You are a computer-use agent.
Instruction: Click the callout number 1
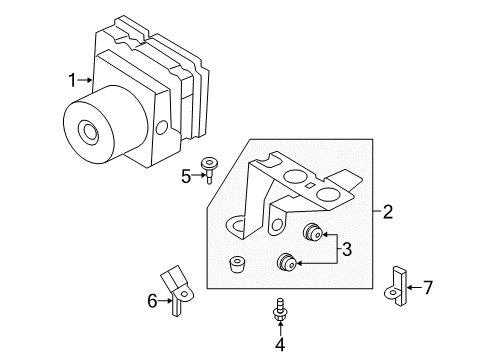coord(72,80)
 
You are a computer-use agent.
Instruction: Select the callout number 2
coord(388,212)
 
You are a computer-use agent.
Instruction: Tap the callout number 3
coord(347,249)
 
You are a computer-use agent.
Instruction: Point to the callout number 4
coord(280,345)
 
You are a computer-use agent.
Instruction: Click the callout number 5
coord(186,176)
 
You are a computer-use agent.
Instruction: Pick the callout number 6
coord(152,301)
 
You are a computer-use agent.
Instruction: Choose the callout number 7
coord(428,287)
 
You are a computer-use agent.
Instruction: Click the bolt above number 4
coord(280,310)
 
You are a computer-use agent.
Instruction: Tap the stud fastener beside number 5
coord(208,169)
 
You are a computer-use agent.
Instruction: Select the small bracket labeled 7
coord(398,287)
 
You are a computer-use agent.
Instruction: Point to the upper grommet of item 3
coord(312,232)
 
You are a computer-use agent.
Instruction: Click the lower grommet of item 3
coord(287,261)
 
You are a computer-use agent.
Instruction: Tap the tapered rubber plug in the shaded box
coord(238,265)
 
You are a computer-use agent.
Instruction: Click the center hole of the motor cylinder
coord(89,132)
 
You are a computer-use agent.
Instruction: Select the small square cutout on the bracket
coord(310,186)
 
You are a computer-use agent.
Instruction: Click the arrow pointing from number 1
coord(85,80)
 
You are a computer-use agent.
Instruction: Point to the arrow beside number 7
coord(414,287)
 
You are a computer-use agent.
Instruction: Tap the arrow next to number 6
coord(165,301)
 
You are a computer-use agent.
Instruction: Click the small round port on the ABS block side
coord(162,127)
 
